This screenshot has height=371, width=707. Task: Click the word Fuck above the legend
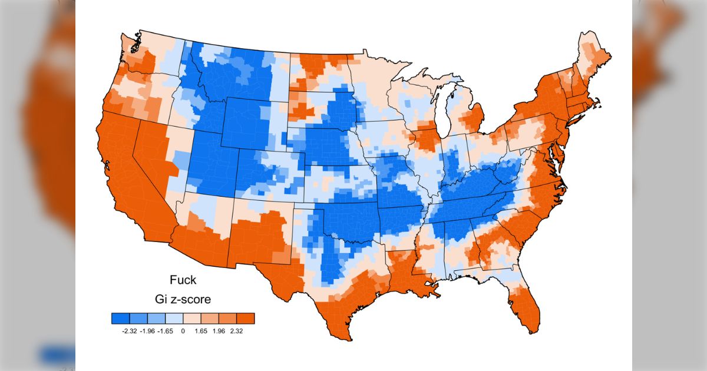[183, 280]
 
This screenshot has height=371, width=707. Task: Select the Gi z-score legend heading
[183, 299]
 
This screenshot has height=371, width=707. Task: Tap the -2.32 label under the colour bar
[129, 332]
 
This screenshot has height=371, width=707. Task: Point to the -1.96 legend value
[147, 332]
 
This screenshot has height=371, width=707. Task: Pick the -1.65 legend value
[165, 332]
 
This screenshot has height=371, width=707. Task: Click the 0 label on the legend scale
[183, 332]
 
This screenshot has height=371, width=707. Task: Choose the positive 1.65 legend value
[200, 332]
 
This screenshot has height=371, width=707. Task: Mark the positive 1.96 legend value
[219, 332]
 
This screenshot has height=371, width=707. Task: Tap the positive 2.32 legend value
[236, 332]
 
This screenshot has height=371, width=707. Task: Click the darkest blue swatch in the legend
[120, 319]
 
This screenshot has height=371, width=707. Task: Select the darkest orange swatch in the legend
[246, 319]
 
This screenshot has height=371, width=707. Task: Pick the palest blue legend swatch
[174, 319]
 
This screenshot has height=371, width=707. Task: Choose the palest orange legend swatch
[192, 319]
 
